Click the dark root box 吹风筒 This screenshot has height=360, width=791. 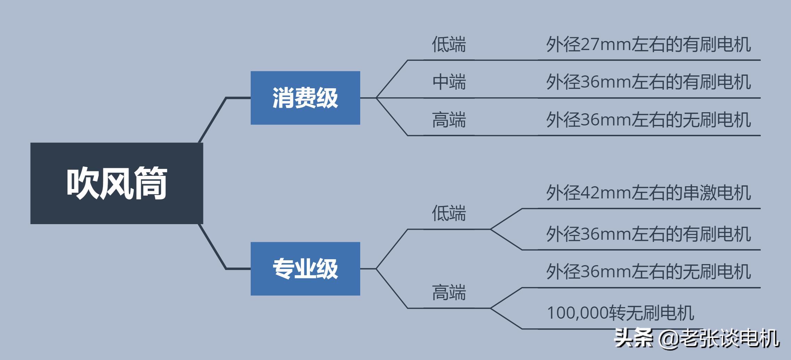coord(116,183)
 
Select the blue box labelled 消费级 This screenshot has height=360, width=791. coord(305,98)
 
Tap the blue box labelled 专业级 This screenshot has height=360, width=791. coord(305,269)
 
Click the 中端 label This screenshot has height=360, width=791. coord(449,82)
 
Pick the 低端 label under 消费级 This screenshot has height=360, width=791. coord(449,44)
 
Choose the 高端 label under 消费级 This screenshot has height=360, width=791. coord(449,120)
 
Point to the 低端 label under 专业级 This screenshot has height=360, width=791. coord(449,213)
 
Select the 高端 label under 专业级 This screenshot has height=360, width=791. coord(449,292)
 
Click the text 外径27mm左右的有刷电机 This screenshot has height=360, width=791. coord(648,44)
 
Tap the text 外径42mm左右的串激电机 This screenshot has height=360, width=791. coord(648,193)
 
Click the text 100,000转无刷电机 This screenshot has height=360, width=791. coord(621,313)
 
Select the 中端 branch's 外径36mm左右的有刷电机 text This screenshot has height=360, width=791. coord(648,82)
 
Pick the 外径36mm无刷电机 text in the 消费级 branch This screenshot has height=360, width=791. coord(648,120)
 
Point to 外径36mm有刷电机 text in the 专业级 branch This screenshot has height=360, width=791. coord(648,234)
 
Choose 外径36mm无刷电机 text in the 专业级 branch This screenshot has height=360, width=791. coord(648,271)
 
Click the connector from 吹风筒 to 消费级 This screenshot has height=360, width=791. coord(213,119)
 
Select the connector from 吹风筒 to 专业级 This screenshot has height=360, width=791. coord(213,247)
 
